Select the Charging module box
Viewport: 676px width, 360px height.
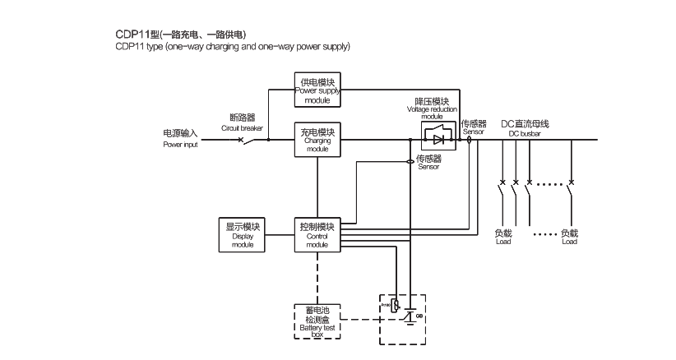point(317,140)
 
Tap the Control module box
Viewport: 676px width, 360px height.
point(317,235)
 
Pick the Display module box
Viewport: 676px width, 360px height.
point(243,235)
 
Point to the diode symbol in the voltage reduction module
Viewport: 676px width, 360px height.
point(438,140)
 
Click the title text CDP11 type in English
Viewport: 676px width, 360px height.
point(233,47)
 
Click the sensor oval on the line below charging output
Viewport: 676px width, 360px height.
point(411,162)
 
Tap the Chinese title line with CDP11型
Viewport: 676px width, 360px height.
point(181,35)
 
